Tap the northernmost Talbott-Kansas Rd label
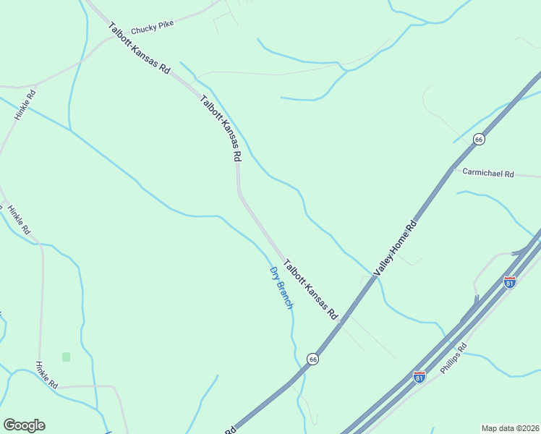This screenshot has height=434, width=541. [x=139, y=48]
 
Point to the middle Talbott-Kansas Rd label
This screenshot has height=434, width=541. [x=221, y=128]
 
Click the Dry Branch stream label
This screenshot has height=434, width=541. [x=281, y=288]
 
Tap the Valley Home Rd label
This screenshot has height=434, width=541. [x=396, y=247]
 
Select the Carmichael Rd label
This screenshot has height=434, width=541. [x=487, y=174]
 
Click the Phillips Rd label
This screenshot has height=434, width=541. [x=454, y=356]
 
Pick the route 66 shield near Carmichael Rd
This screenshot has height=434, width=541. [x=478, y=139]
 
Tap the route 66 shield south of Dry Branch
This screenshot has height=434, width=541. [x=312, y=359]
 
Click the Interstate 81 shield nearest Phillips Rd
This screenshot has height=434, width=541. [x=419, y=377]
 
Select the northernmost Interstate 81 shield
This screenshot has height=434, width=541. [x=510, y=282]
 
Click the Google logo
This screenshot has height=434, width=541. [x=24, y=425]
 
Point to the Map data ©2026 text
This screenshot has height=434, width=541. [x=510, y=427]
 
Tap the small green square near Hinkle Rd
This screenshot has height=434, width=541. [x=66, y=357]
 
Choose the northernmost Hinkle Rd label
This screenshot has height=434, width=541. [x=25, y=105]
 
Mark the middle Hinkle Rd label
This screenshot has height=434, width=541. [x=19, y=220]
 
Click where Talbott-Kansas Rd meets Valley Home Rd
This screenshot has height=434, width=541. [x=345, y=319]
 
